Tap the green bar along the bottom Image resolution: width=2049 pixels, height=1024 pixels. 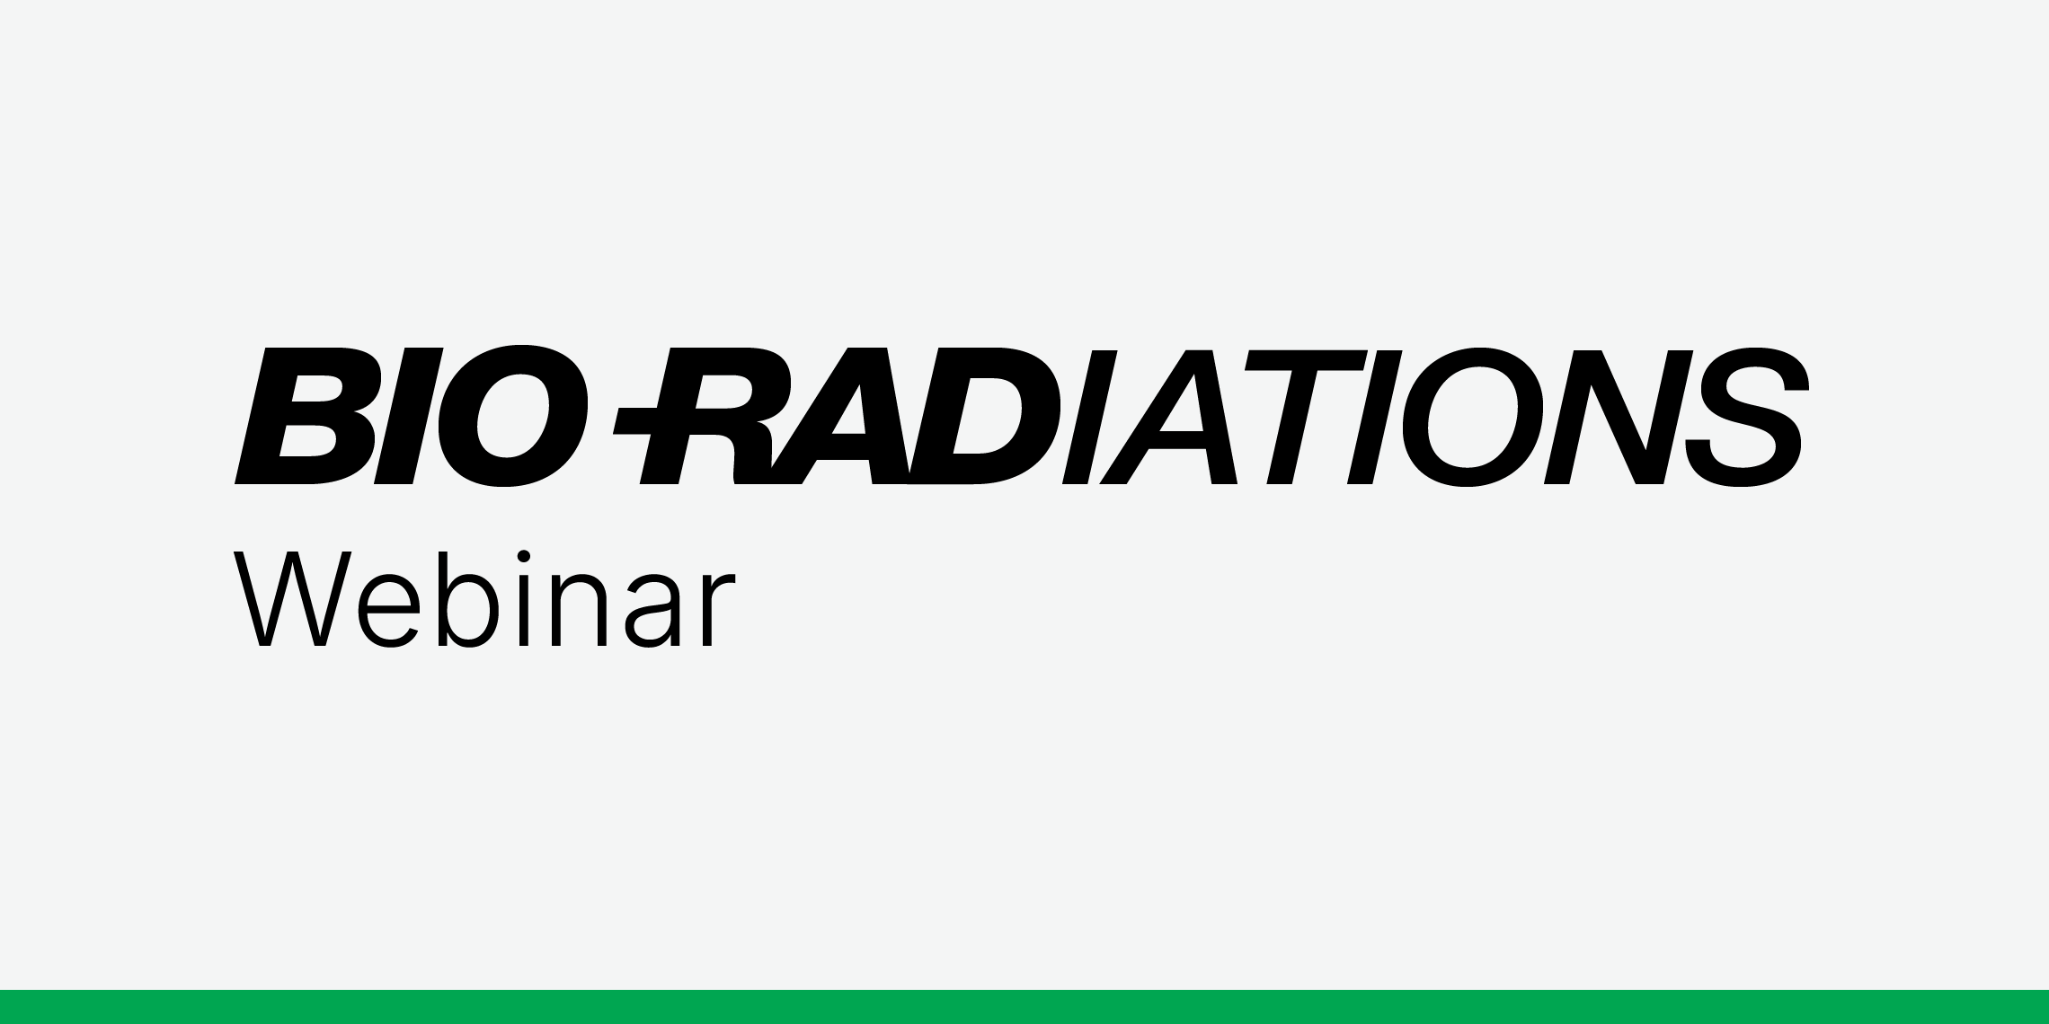coord(1024,1007)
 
